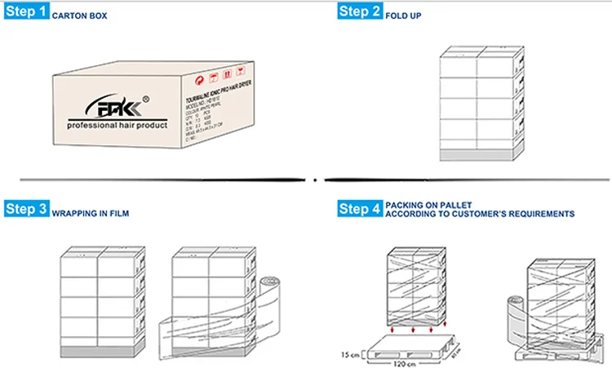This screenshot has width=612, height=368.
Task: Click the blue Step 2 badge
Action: click(x=359, y=11)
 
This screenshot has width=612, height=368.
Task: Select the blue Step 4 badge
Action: click(x=359, y=209)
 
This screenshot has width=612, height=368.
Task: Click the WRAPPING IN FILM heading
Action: click(x=91, y=214)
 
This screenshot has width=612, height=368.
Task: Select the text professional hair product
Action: click(x=117, y=126)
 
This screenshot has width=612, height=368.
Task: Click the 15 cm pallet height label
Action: click(x=352, y=353)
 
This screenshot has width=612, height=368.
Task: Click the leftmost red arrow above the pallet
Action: click(x=394, y=329)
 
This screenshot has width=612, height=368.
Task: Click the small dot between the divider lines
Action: click(x=315, y=177)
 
